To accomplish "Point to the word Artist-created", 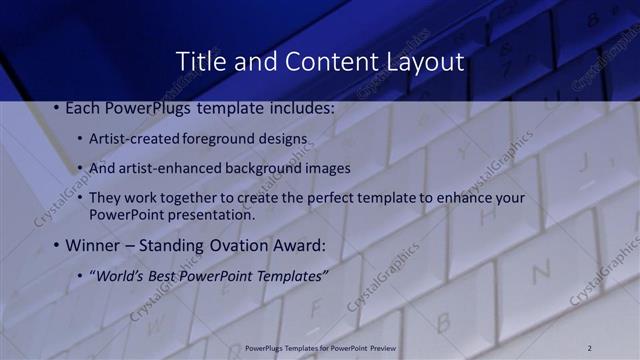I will (x=134, y=138).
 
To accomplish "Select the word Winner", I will (x=93, y=245).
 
